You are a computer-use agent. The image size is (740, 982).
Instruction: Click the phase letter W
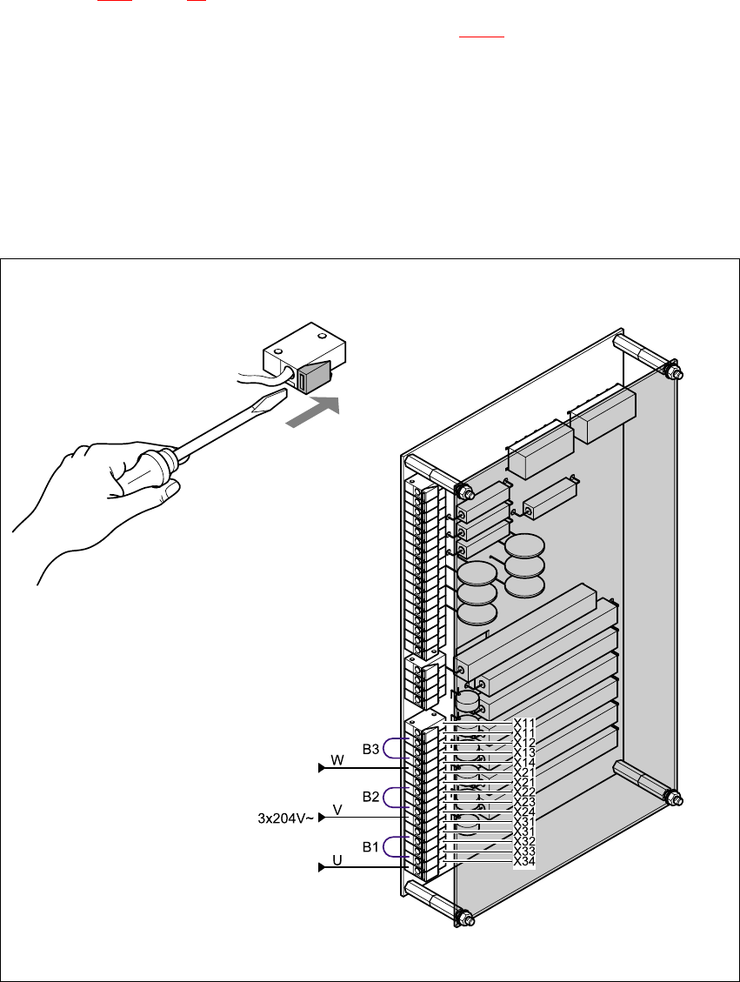(x=337, y=760)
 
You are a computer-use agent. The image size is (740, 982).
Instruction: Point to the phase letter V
(x=337, y=810)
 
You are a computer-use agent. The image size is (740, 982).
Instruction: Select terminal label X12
(x=524, y=742)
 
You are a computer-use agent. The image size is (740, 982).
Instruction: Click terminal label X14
(x=524, y=762)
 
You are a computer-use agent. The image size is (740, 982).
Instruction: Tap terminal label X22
(x=524, y=792)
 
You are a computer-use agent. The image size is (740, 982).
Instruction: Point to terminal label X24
(x=524, y=812)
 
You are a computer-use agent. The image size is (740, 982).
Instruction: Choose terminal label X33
(x=524, y=851)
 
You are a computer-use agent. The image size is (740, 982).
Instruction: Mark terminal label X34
(x=524, y=861)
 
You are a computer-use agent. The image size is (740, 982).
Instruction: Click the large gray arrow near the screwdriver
(x=313, y=411)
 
